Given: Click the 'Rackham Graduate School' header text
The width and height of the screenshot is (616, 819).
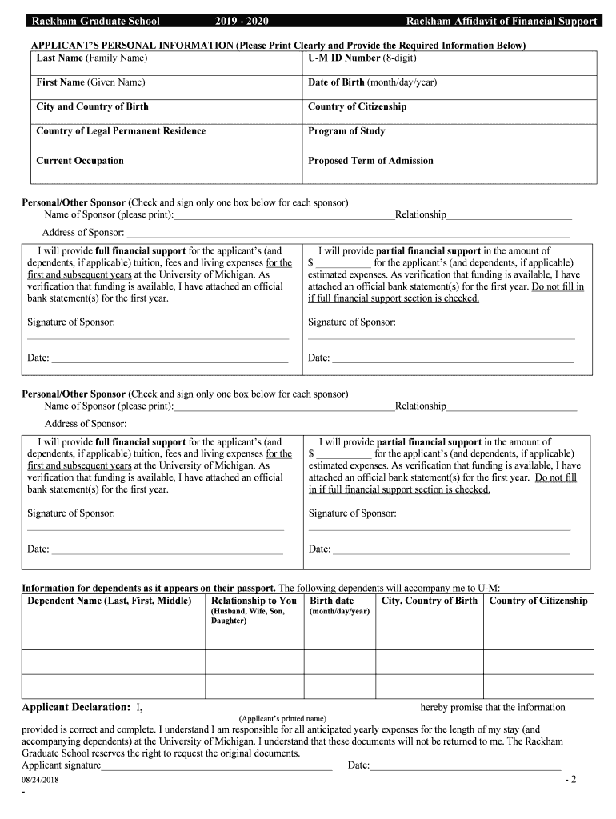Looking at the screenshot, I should pyautogui.click(x=94, y=21).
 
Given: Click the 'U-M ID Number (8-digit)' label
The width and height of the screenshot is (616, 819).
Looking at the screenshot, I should pyautogui.click(x=362, y=58).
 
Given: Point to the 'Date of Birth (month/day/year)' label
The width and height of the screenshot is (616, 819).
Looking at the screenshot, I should pyautogui.click(x=372, y=82).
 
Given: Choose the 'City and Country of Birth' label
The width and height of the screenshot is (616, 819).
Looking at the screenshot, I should pyautogui.click(x=92, y=106).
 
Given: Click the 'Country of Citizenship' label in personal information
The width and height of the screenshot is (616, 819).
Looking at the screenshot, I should pyautogui.click(x=357, y=106).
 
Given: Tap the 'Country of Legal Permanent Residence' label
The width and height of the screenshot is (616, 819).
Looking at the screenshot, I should pyautogui.click(x=121, y=131).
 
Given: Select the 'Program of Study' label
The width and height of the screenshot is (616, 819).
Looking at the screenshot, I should pyautogui.click(x=346, y=131).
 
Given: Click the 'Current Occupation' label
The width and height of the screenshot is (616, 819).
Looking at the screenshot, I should pyautogui.click(x=80, y=161).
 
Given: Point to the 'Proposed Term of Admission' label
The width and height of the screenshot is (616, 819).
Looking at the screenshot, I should pyautogui.click(x=370, y=161).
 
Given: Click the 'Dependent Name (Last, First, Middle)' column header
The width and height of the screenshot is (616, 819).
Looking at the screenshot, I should pyautogui.click(x=110, y=601).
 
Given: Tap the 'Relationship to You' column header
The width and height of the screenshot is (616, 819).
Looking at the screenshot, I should pyautogui.click(x=254, y=601).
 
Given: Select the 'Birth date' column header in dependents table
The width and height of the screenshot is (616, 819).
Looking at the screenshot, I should pyautogui.click(x=332, y=601).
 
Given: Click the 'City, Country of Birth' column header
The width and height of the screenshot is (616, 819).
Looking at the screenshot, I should pyautogui.click(x=430, y=601).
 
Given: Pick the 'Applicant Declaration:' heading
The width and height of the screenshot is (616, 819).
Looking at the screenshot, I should pyautogui.click(x=76, y=707).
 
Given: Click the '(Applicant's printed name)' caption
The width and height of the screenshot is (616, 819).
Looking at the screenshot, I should pyautogui.click(x=282, y=718).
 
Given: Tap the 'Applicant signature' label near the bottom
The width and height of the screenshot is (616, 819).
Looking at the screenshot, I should pyautogui.click(x=62, y=765).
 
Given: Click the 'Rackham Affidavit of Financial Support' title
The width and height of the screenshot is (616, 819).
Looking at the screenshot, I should pyautogui.click(x=501, y=21).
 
